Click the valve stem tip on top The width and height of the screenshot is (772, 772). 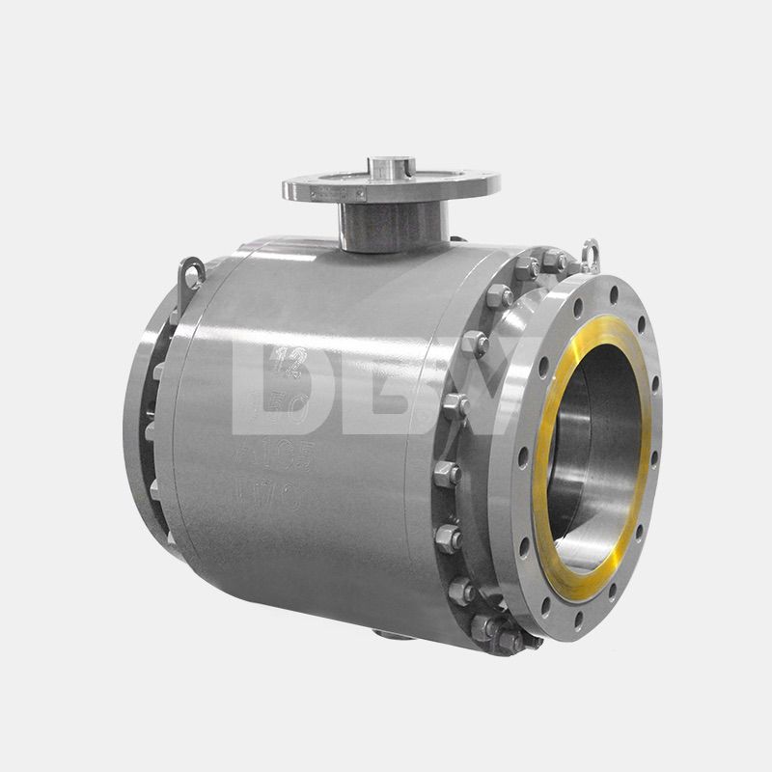[x=392, y=167]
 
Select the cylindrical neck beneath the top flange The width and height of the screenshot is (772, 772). [x=391, y=226]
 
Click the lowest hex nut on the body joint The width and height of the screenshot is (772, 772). [x=505, y=638]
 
